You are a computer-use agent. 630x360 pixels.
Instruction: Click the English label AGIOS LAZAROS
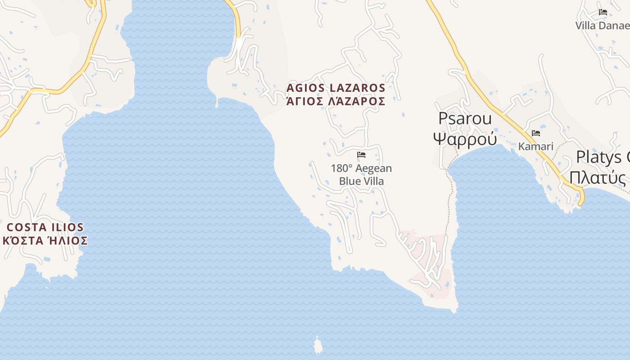(336, 88)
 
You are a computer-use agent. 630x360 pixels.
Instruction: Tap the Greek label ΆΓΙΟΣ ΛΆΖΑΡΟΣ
(336, 101)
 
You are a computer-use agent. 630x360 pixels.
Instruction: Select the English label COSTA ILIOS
(45, 227)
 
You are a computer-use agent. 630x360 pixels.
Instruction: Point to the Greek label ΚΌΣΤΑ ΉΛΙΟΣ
(45, 241)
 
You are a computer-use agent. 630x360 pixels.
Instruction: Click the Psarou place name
(465, 119)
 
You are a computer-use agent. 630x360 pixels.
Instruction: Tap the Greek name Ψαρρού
(465, 139)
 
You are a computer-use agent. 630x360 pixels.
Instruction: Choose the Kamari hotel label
(535, 146)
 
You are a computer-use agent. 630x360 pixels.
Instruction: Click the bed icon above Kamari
(535, 133)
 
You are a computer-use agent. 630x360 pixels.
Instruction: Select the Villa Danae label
(602, 26)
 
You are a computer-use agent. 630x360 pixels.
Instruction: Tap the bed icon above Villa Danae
(603, 12)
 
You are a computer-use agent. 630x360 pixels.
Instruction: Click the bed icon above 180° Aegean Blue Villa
(361, 155)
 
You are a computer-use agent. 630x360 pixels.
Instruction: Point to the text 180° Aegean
(361, 168)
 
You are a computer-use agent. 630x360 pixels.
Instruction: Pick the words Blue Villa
(361, 181)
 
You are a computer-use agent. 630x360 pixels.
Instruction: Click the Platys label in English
(603, 157)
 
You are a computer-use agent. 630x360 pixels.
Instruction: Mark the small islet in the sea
(319, 346)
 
